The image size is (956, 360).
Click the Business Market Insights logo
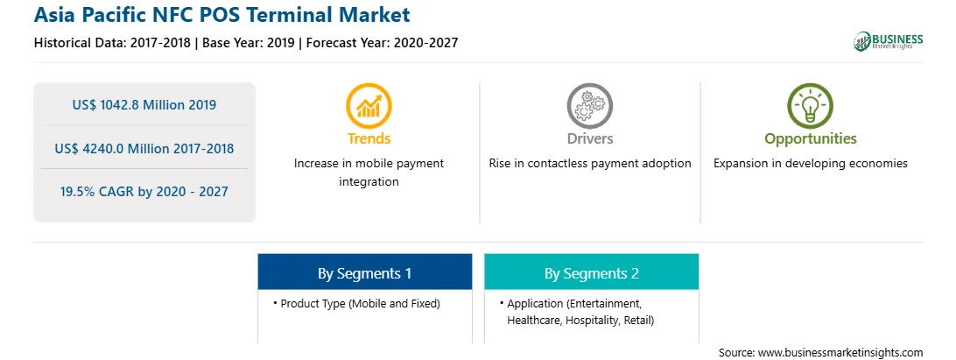(888, 41)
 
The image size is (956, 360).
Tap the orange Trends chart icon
(369, 106)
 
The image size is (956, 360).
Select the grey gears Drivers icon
(589, 106)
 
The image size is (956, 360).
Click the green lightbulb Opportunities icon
(811, 106)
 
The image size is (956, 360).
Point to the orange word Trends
(369, 138)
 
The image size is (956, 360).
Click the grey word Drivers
(589, 138)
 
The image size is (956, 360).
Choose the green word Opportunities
(811, 139)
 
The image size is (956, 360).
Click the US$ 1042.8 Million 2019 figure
(144, 105)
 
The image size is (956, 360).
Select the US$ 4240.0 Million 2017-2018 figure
(144, 148)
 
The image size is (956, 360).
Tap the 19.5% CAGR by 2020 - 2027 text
(144, 192)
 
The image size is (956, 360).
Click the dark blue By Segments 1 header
(364, 272)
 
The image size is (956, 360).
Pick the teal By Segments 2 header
(592, 272)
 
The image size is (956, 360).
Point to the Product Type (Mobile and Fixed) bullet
(356, 303)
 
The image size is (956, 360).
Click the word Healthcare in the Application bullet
(534, 321)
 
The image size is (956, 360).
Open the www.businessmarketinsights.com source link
(840, 352)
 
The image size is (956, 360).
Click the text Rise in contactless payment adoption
(589, 164)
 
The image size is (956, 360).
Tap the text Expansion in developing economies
(811, 164)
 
